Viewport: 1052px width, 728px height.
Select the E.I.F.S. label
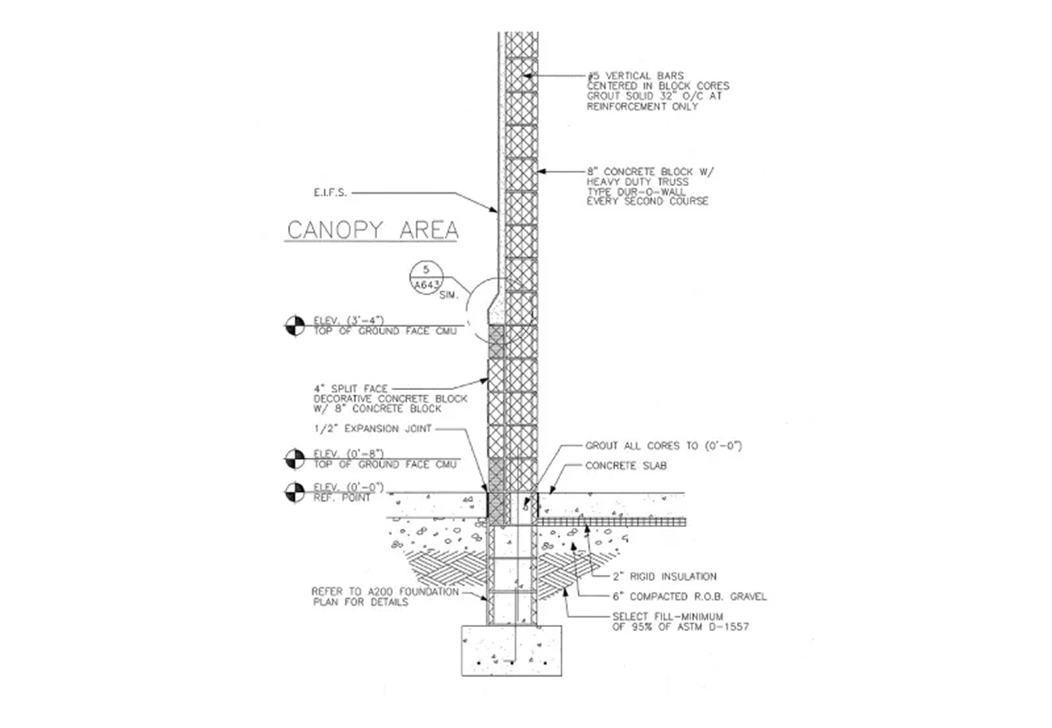pyautogui.click(x=330, y=193)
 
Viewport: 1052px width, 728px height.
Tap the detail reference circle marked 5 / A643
pyautogui.click(x=426, y=277)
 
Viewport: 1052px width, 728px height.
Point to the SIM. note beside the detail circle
pyautogui.click(x=448, y=296)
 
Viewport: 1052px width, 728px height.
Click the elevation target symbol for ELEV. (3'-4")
pyautogui.click(x=295, y=326)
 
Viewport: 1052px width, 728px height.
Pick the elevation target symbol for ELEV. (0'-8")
pyautogui.click(x=295, y=459)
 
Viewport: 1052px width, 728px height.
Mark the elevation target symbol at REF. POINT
pyautogui.click(x=295, y=493)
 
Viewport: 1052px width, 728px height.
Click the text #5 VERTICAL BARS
pyautogui.click(x=635, y=75)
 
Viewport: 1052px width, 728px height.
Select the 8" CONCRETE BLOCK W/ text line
pyautogui.click(x=650, y=171)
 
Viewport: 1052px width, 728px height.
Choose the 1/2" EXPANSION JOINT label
pyautogui.click(x=372, y=429)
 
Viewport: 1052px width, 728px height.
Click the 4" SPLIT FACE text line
pyautogui.click(x=351, y=388)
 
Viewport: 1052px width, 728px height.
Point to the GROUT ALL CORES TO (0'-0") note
pyautogui.click(x=663, y=446)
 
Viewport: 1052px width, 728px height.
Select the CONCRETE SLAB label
pyautogui.click(x=626, y=466)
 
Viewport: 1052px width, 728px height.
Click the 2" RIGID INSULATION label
pyautogui.click(x=664, y=577)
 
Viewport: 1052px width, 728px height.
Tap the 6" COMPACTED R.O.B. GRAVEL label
pyautogui.click(x=689, y=597)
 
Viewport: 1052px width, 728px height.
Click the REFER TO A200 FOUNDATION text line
pyautogui.click(x=385, y=592)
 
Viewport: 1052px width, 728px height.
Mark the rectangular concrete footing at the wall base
pyautogui.click(x=511, y=650)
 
